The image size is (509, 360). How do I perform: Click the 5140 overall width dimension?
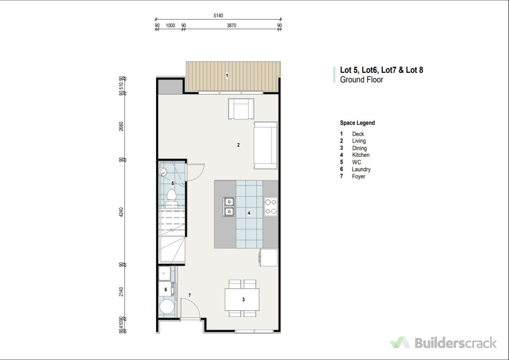click(218, 16)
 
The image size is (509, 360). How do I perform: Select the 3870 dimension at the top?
click(231, 25)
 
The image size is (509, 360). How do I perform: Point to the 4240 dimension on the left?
click(122, 212)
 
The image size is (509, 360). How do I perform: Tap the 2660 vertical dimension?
click(122, 127)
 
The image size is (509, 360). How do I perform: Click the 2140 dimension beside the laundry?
click(122, 292)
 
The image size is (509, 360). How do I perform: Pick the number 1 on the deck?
click(227, 75)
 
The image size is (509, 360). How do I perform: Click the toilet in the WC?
click(171, 199)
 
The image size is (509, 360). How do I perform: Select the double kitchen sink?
click(229, 207)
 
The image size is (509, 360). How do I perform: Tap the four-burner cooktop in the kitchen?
click(271, 207)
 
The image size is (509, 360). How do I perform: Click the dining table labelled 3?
click(242, 299)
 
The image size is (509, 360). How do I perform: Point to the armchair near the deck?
click(241, 109)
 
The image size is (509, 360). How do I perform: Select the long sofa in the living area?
click(266, 145)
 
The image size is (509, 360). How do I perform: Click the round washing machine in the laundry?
click(167, 307)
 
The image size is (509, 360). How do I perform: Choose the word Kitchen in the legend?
click(361, 155)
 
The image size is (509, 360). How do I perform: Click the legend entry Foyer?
click(358, 177)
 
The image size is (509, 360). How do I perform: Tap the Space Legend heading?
click(357, 123)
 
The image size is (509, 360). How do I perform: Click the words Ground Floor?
click(362, 79)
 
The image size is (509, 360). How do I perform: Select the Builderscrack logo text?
click(456, 343)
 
